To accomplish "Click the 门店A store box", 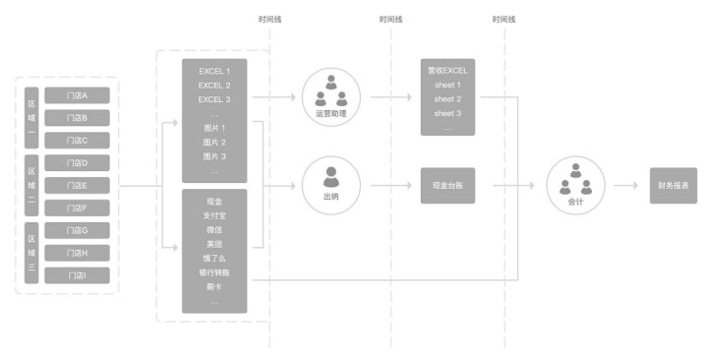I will [78, 95].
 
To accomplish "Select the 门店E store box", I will [78, 185].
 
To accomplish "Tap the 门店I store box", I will [78, 274].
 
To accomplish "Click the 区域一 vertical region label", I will [31, 117].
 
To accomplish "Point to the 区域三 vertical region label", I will [31, 253].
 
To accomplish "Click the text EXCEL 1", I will [214, 72].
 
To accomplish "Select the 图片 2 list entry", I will [214, 143].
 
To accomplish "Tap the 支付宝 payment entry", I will [214, 214].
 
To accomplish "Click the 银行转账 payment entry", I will [214, 271].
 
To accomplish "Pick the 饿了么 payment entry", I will [214, 258].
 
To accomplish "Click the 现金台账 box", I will [447, 185].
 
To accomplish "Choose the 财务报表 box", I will [674, 185].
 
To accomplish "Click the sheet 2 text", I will [447, 99].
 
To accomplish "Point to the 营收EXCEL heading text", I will [447, 71].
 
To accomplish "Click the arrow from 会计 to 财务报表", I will [624, 185].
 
